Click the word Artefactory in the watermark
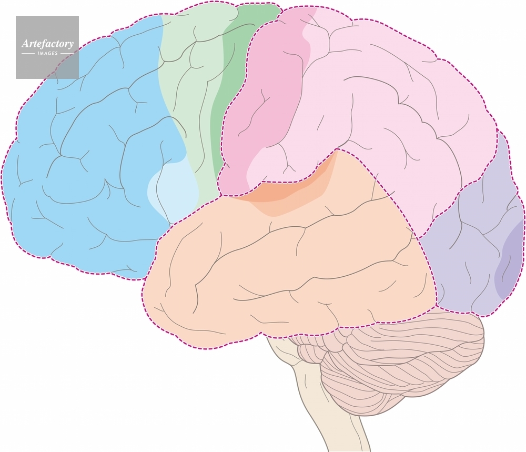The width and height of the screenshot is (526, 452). (x=47, y=44)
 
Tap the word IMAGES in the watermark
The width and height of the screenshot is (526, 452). (x=47, y=53)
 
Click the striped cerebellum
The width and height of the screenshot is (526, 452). (x=392, y=363)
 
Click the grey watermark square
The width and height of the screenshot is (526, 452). (x=47, y=47)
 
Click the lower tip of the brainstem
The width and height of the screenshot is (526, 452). (x=349, y=450)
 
